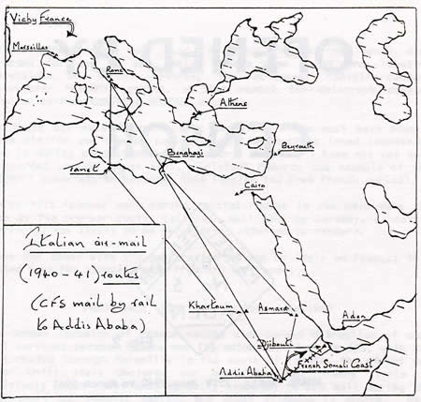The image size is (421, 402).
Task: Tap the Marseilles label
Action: (x=32, y=45)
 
